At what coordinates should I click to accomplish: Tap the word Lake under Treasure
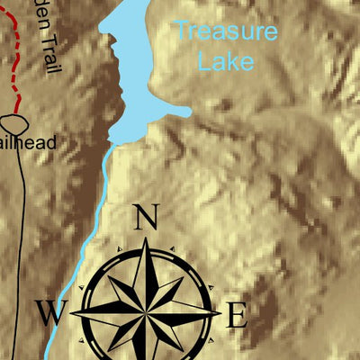point(225,62)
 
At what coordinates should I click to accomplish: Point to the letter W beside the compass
point(51,314)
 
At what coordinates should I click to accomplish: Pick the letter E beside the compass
point(236,316)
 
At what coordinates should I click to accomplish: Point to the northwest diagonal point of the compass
point(106,274)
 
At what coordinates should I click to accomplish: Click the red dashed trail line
point(17,54)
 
